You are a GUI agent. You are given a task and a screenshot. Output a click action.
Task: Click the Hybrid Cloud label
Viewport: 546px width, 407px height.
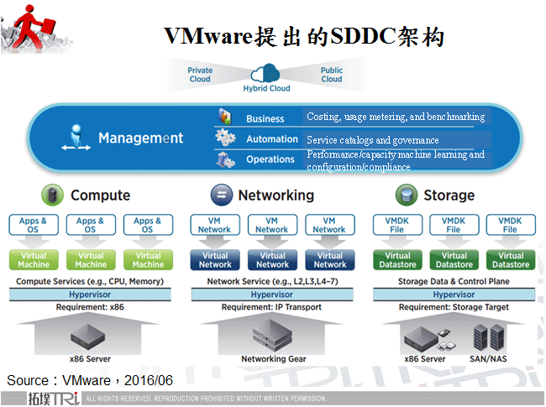pos(266,88)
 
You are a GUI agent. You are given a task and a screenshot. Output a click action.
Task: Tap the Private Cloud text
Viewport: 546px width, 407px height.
pos(200,75)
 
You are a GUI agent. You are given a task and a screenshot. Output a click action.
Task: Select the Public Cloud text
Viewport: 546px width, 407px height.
pos(332,75)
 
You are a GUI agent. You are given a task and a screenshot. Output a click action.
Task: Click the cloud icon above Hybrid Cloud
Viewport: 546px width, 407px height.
pos(267,72)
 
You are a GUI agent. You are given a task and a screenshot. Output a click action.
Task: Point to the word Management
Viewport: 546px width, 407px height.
pos(140,138)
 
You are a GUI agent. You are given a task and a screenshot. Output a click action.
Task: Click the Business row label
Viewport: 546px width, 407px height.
pos(265,119)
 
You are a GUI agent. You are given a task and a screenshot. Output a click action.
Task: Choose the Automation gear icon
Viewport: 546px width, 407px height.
pos(225,138)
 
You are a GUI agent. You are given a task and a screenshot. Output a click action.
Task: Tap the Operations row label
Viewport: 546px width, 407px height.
pos(270,159)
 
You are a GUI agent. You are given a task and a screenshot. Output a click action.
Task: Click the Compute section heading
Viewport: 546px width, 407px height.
pos(100,196)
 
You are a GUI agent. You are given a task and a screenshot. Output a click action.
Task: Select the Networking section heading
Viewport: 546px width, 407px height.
pos(276,196)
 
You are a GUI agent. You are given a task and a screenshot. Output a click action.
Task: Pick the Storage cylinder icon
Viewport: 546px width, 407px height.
pos(407,196)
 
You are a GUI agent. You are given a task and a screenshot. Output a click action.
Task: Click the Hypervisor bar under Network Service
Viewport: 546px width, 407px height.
pos(271,295)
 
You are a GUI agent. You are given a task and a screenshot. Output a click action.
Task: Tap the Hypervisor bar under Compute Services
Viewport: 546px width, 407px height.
pos(90,295)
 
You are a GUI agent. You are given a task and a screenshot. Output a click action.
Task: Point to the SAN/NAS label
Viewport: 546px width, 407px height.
pos(489,359)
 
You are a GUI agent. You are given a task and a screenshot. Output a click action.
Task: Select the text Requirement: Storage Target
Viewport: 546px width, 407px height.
pos(454,307)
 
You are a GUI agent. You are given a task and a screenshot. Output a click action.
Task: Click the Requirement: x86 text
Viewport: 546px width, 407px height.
pos(91,307)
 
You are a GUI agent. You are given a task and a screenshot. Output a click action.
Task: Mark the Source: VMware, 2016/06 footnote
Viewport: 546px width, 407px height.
pos(90,380)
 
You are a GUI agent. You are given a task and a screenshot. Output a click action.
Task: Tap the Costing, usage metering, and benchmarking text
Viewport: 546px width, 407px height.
pos(395,117)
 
